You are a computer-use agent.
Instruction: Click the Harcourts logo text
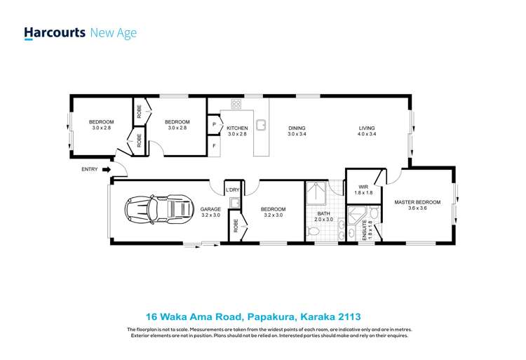click(55, 32)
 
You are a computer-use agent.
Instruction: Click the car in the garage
click(159, 208)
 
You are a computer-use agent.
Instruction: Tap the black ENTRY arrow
click(107, 169)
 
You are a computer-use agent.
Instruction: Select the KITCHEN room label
click(237, 128)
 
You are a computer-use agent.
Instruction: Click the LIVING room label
click(367, 128)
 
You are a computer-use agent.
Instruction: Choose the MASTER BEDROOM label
click(417, 202)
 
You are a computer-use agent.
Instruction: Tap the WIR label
click(363, 187)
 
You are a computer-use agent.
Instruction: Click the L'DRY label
click(232, 190)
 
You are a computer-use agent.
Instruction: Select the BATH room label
click(323, 213)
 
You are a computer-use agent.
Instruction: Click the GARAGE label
click(210, 209)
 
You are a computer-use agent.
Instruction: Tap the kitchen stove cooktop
click(236, 105)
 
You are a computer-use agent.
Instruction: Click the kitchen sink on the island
click(260, 126)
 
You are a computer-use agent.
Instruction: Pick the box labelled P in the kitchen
click(214, 125)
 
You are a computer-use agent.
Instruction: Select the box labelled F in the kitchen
click(214, 146)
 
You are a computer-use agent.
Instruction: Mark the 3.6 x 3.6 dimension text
click(417, 208)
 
